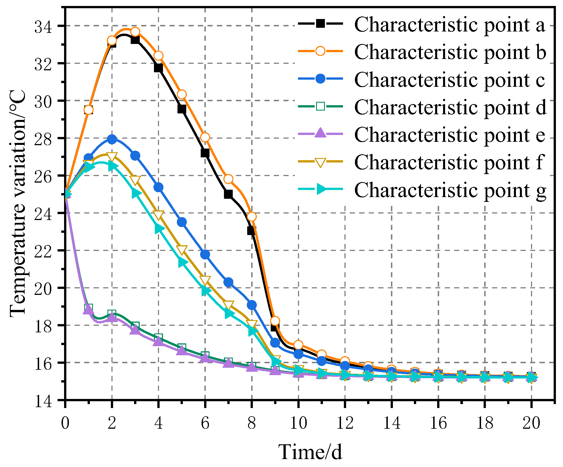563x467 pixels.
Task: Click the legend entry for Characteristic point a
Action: click(450, 25)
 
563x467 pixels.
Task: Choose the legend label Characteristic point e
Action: click(450, 135)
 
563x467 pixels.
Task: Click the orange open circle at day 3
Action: click(135, 32)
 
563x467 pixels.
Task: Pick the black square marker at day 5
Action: click(182, 109)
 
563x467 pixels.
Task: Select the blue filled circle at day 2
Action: click(112, 139)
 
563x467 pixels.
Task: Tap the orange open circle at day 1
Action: click(89, 110)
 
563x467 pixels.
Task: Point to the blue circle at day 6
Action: click(205, 254)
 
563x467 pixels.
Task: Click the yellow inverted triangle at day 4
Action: click(158, 215)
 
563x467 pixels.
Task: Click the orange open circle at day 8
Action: click(251, 217)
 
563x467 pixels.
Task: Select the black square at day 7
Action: click(228, 195)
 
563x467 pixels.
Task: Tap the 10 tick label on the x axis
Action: click(298, 423)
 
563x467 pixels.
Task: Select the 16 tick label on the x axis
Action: click(438, 423)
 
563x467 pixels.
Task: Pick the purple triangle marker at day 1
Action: click(88, 310)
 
